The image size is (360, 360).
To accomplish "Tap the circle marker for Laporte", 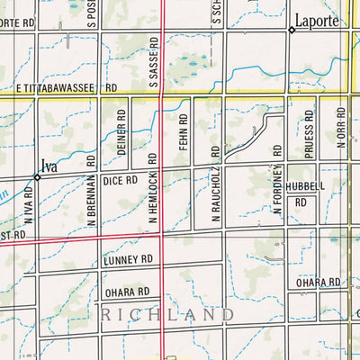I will pos(292,31).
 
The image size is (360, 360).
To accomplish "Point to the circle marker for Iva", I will pos(38,175).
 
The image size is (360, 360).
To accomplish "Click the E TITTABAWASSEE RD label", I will pos(66,89).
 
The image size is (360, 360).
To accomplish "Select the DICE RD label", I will pos(120,180).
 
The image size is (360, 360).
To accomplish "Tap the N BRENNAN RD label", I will pos(91,189).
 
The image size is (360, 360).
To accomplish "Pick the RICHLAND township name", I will pos(168,315).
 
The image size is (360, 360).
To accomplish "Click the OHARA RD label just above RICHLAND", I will pos(126,292).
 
